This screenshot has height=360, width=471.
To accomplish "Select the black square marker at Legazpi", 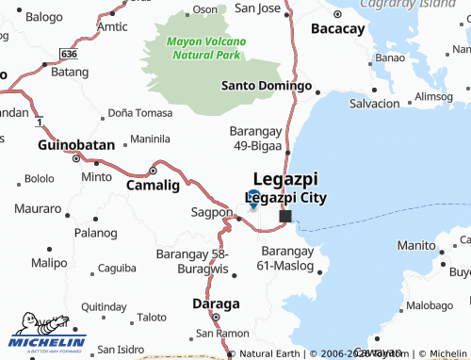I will [285, 216].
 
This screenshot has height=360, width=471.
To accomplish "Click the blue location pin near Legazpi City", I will [253, 198].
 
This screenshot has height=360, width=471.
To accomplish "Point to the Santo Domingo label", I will [266, 86].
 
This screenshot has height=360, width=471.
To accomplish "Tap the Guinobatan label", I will [75, 145].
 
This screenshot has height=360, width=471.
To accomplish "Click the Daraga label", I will [216, 303].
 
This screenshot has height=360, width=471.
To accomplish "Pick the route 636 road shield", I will [68, 55].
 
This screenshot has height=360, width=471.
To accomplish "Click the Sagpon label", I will [211, 212].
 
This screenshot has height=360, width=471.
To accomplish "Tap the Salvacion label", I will [374, 103].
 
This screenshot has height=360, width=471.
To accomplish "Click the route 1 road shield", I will [39, 123].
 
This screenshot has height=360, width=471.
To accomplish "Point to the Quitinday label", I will [104, 306].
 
